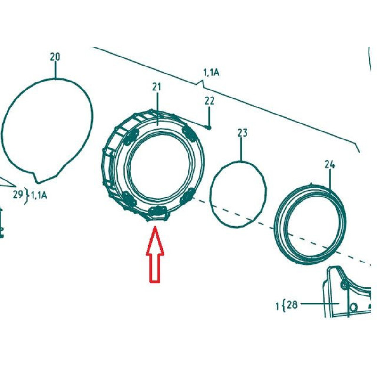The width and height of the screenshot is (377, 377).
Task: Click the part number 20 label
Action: (55, 57)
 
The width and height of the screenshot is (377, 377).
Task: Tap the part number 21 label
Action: (156, 87)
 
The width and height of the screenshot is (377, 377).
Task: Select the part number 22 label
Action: (209, 101)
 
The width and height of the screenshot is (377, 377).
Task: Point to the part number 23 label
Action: (242, 133)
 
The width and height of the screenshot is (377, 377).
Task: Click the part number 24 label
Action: (329, 164)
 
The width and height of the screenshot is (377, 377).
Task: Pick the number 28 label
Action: (292, 304)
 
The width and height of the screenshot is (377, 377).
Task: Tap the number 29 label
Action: (18, 194)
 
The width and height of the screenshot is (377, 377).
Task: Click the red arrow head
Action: (155, 240)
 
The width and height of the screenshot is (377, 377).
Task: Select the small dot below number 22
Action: (209, 128)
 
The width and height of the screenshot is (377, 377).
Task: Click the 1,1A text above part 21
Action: (211, 73)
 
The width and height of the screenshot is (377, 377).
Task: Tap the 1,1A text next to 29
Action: (39, 196)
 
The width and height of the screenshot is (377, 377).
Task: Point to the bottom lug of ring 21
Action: (157, 212)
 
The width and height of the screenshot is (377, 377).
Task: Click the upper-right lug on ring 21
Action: (189, 133)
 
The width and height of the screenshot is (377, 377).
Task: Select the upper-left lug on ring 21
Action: (131, 136)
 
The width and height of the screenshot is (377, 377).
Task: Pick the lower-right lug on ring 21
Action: (187, 196)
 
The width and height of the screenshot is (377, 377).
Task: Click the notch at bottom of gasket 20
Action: (36, 178)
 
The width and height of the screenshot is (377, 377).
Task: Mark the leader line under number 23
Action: (242, 149)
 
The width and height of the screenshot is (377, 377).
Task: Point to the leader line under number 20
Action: (56, 70)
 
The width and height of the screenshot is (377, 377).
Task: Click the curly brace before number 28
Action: (284, 305)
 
